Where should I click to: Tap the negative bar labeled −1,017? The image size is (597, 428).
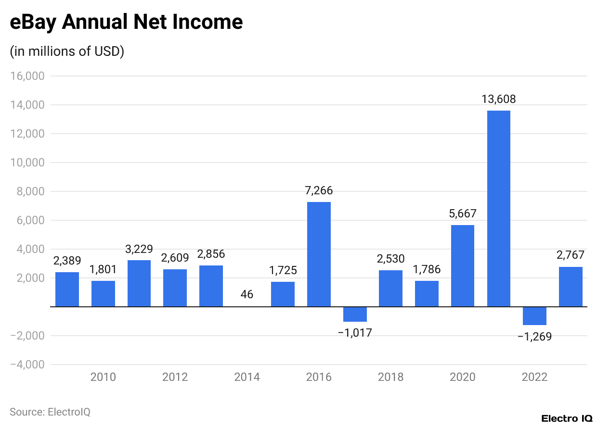[355, 314]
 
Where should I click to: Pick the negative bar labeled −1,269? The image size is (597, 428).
[534, 316]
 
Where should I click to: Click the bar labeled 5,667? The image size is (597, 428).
[463, 265]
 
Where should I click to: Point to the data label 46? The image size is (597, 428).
[247, 294]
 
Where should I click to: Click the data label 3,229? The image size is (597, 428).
[139, 249]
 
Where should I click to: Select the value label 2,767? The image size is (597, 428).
[571, 255]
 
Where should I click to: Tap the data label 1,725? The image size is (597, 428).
[283, 270]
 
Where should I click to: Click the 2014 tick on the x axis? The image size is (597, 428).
[247, 377]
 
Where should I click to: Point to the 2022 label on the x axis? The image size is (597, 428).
[534, 377]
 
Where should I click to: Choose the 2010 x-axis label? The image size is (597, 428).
[103, 377]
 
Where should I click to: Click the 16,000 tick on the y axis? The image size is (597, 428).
[27, 76]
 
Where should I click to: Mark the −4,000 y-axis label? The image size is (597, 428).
[27, 365]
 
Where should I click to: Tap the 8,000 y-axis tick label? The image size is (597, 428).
[31, 191]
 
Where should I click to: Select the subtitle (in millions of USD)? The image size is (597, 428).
[67, 51]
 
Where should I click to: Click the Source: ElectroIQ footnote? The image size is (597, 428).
[50, 412]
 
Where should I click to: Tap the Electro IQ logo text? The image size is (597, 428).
[567, 418]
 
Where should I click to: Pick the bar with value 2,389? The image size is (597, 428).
[67, 289]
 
